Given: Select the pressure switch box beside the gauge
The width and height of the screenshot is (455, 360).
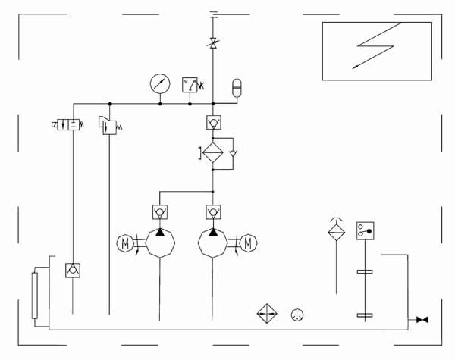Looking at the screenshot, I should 190,84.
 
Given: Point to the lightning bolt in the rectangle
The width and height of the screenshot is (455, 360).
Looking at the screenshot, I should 375,45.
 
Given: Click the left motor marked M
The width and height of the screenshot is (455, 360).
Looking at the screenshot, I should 124,243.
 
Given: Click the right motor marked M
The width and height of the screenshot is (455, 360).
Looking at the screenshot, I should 249,243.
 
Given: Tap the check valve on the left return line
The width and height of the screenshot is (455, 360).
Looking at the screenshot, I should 72,269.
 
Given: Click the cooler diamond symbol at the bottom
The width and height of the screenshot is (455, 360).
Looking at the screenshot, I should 267,314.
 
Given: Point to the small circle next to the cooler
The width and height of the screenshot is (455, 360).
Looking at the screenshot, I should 297,314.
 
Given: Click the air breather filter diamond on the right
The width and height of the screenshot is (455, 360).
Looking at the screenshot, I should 336,231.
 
